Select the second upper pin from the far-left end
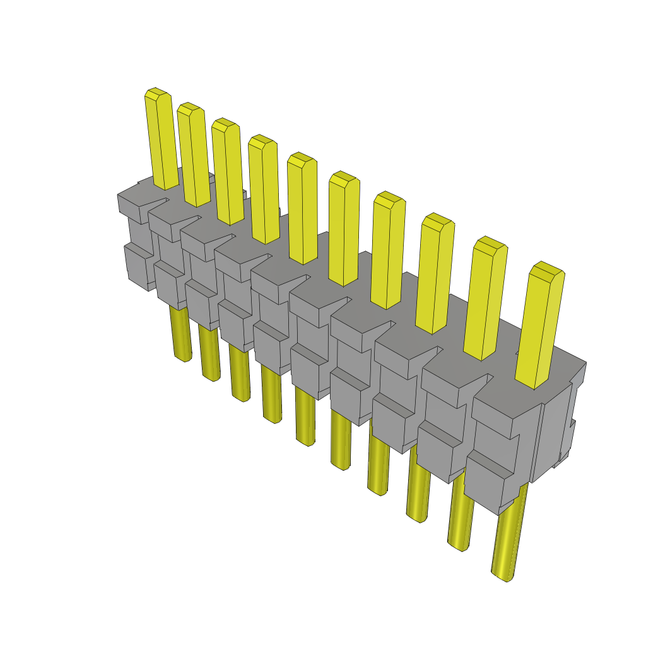point(194,158)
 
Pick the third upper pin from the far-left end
point(228,173)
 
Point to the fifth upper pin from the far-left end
point(302,211)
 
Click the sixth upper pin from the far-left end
point(344,230)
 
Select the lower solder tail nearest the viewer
point(509,536)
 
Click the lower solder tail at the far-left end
point(180,334)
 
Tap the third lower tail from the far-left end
point(239,375)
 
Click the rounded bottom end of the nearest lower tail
point(502,575)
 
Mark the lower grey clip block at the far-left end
point(136,265)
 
